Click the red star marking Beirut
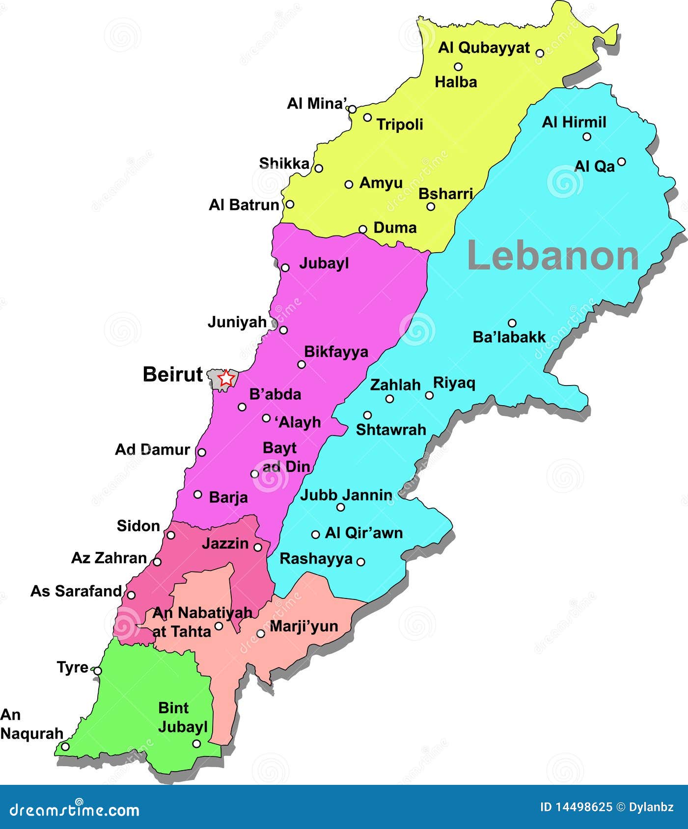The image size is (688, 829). (x=225, y=378)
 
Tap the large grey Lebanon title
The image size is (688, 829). (x=552, y=256)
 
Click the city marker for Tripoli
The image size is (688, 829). (x=367, y=117)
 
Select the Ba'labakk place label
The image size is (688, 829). (x=509, y=337)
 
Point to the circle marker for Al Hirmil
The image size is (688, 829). (x=587, y=137)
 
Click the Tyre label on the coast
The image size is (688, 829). (x=72, y=667)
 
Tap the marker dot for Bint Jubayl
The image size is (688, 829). (x=196, y=744)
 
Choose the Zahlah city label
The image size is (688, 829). (x=395, y=385)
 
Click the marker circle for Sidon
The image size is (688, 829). (x=171, y=535)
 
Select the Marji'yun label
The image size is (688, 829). (x=303, y=626)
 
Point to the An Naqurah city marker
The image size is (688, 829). (x=65, y=746)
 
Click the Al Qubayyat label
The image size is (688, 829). (x=484, y=48)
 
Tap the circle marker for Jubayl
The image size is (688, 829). (x=285, y=268)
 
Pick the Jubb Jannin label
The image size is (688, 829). (x=346, y=495)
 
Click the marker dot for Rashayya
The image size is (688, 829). (x=360, y=562)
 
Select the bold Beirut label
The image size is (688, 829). (x=172, y=374)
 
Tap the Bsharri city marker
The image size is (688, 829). (x=431, y=207)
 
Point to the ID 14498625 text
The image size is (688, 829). (x=576, y=807)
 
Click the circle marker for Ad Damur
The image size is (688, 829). (x=201, y=452)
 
